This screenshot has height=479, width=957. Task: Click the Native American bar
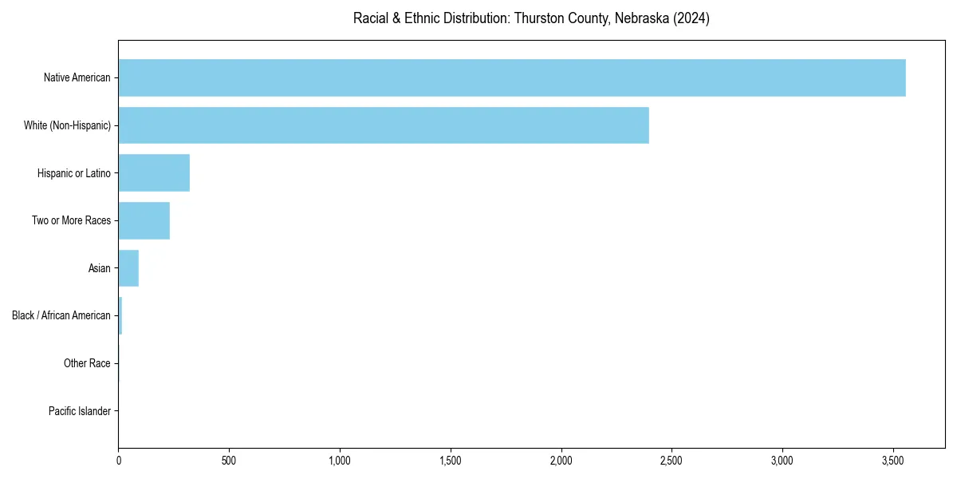(x=512, y=77)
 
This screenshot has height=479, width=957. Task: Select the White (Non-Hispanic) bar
(x=384, y=125)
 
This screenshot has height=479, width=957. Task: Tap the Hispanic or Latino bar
(x=154, y=173)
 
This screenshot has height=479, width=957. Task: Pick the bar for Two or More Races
(x=144, y=220)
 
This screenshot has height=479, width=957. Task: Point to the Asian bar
(x=128, y=268)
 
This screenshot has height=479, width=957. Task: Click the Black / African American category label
(x=61, y=316)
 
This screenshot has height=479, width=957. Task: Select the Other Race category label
(x=87, y=364)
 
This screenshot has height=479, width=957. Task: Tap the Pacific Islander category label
(x=80, y=411)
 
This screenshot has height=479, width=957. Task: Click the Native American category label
(x=77, y=77)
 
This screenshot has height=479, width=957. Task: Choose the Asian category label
(x=100, y=268)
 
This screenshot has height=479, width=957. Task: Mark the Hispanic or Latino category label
(x=74, y=173)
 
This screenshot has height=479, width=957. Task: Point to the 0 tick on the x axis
(x=119, y=461)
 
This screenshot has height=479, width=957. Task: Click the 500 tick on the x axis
(x=229, y=461)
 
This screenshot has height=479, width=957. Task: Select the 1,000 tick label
(x=340, y=461)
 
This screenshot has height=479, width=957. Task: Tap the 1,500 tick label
(x=451, y=461)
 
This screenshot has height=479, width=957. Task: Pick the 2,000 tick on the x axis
(x=561, y=461)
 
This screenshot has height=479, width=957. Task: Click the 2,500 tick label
(x=671, y=461)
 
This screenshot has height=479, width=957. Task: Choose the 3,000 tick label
(x=782, y=461)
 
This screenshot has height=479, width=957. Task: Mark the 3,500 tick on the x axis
(x=893, y=461)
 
